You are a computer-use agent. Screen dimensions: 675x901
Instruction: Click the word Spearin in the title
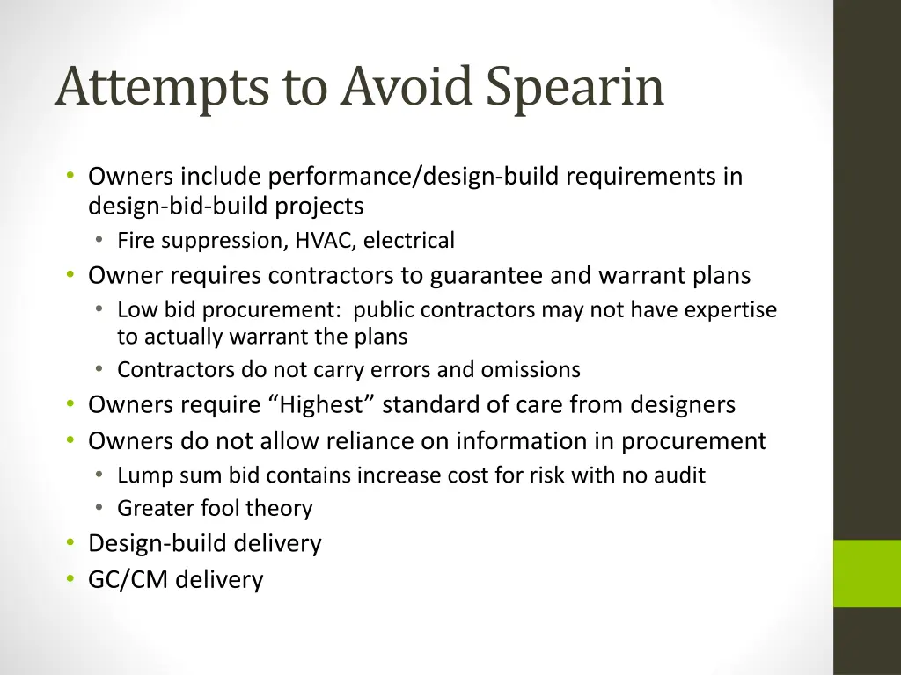575,88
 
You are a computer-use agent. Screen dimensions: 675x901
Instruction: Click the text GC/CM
128,580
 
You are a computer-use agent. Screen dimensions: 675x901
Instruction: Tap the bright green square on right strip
867,573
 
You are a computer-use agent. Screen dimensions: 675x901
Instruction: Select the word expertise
733,310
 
